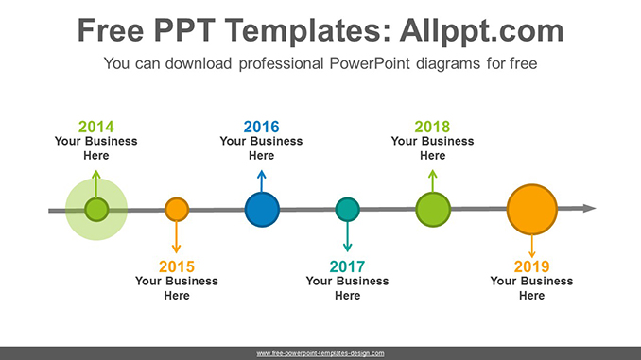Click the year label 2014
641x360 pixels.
tap(96, 127)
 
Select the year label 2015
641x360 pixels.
tap(177, 266)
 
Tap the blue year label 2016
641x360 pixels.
tap(261, 127)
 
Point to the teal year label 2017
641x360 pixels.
tap(347, 266)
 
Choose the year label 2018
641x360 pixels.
tap(432, 127)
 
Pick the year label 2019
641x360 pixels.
tap(531, 266)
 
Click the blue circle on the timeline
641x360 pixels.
tap(262, 210)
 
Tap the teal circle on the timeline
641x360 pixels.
tap(348, 210)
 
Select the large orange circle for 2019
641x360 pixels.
tap(532, 210)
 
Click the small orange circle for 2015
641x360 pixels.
tap(177, 210)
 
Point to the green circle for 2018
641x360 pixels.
tap(433, 210)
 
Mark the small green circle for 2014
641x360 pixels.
tap(96, 210)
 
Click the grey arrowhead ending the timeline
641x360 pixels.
tap(590, 209)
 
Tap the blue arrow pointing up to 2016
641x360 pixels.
tap(262, 181)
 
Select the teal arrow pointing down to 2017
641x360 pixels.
tap(348, 236)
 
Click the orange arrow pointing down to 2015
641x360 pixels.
tap(176, 237)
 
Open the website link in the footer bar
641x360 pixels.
tap(320, 353)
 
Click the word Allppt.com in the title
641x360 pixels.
tap(481, 30)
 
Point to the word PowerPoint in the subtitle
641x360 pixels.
tap(370, 63)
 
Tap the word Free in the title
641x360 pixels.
tap(111, 30)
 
